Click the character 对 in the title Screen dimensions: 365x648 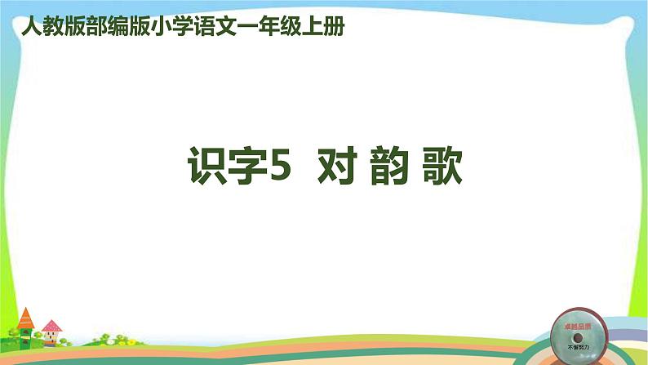(x=336, y=168)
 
